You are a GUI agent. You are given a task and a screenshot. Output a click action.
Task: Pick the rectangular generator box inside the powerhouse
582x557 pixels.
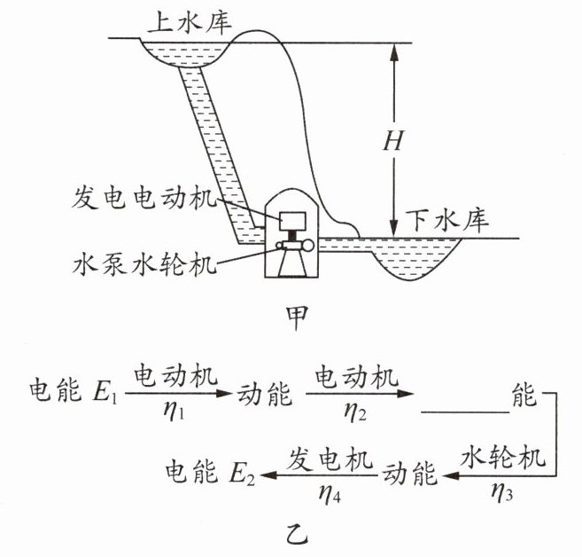click(x=291, y=219)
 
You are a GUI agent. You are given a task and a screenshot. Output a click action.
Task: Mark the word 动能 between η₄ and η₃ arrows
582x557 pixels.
click(x=409, y=475)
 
